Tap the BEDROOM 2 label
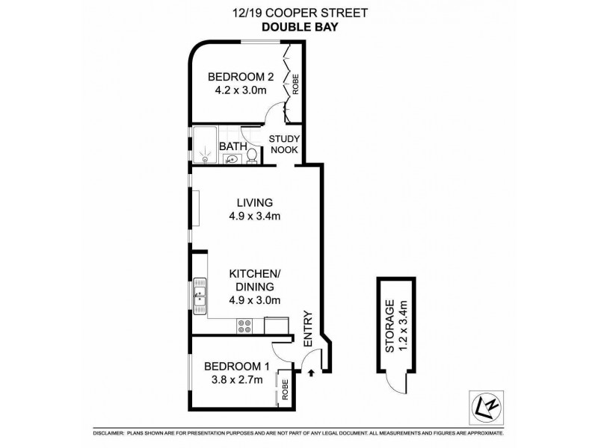click(235, 76)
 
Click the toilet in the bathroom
click(253, 155)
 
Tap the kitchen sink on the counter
click(200, 294)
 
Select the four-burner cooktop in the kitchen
click(244, 325)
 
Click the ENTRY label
click(307, 329)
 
